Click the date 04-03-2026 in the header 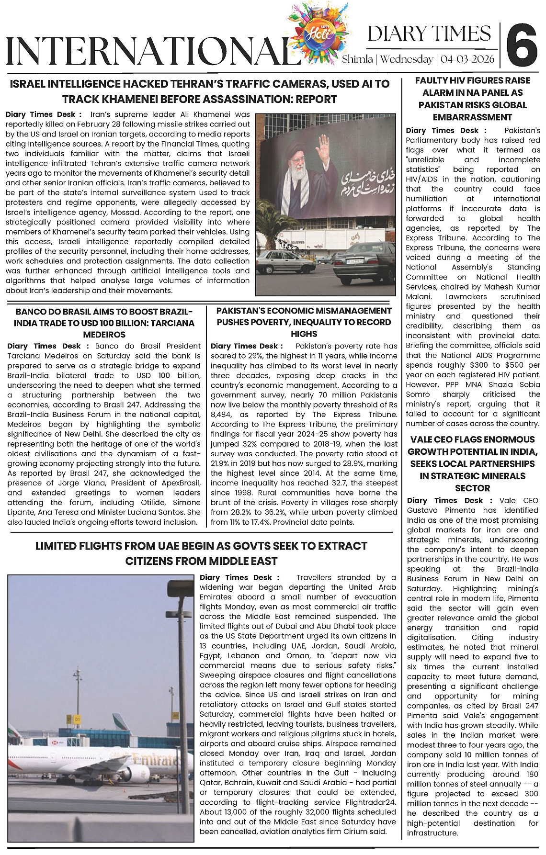[469, 59]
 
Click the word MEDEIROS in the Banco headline [104, 334]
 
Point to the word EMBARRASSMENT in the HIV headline [472, 117]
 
